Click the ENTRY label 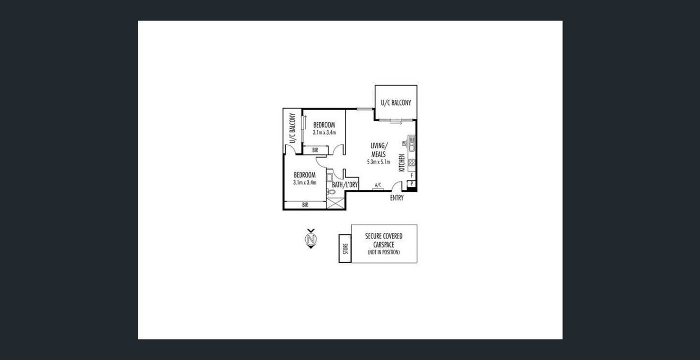[x=397, y=198]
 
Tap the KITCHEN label [x=402, y=162]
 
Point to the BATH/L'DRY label [x=345, y=185]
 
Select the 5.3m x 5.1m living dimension [x=379, y=162]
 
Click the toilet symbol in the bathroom [x=331, y=192]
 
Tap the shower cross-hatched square [x=335, y=203]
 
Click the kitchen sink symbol [x=412, y=143]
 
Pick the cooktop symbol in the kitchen [x=412, y=162]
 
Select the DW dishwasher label [x=404, y=143]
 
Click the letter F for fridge [x=412, y=176]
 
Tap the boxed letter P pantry [x=411, y=184]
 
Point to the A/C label [x=378, y=185]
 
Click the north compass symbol [x=311, y=239]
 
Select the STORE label [x=345, y=249]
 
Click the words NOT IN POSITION [x=384, y=252]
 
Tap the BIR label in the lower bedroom [x=305, y=205]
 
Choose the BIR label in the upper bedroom [x=316, y=150]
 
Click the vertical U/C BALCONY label [x=293, y=129]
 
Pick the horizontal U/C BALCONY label [x=396, y=103]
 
